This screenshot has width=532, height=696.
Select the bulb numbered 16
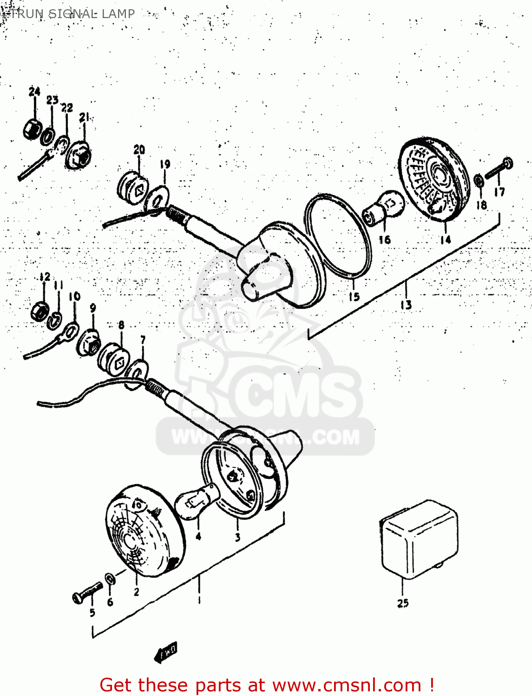point(384,207)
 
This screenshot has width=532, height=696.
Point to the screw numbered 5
point(88,593)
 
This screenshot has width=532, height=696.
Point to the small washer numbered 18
point(479,180)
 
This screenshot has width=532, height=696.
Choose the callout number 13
point(406,304)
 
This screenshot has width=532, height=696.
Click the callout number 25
point(403,603)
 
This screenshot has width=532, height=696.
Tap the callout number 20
point(139,149)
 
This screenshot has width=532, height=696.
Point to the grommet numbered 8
point(114,360)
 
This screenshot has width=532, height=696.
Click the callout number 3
point(237,537)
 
